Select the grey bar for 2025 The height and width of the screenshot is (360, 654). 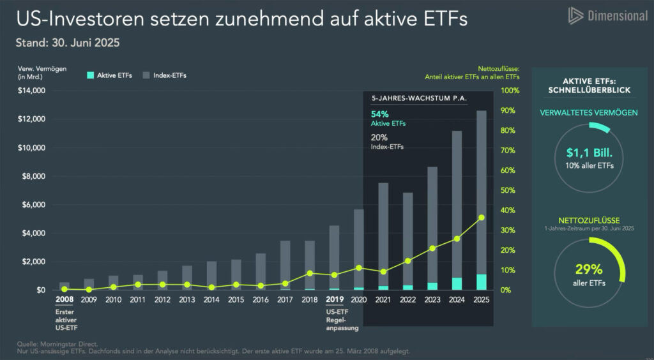(482, 191)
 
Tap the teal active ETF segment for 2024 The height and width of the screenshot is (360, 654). (457, 283)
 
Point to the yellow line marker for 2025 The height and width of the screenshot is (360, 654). (482, 218)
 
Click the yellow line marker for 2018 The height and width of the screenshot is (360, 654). (310, 273)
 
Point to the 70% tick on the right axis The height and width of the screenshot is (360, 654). (510, 151)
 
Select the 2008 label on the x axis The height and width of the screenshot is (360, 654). (65, 299)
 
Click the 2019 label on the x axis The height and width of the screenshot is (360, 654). (335, 299)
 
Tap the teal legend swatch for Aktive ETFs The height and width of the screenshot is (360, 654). (91, 75)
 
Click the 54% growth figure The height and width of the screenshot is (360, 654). (380, 114)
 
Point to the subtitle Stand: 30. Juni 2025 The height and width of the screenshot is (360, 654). (68, 44)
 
